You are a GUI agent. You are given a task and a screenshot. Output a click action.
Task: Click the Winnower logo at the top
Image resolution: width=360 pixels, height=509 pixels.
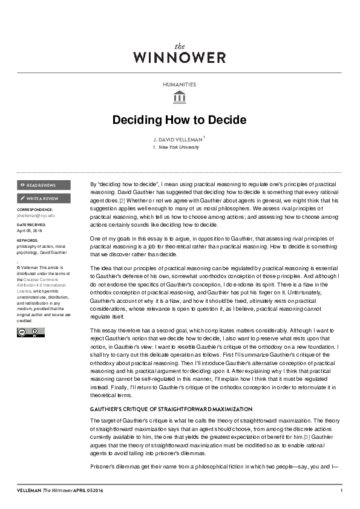coord(180,54)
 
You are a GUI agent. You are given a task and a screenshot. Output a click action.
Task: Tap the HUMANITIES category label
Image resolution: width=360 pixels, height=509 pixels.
coord(180,85)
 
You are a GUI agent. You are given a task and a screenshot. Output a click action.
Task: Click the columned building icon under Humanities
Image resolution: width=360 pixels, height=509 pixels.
coord(180,97)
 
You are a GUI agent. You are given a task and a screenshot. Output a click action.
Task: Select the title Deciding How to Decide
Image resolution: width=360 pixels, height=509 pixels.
coord(180,119)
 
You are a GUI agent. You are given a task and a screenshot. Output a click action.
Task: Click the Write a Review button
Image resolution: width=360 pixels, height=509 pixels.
coord(44,198)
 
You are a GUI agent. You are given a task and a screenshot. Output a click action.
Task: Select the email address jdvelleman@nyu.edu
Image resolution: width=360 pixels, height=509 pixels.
coord(36,215)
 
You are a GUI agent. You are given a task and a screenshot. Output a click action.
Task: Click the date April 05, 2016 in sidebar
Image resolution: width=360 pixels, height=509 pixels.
coord(30,230)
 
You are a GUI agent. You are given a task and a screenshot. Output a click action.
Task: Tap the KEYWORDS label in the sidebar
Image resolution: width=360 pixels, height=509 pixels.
coord(28,240)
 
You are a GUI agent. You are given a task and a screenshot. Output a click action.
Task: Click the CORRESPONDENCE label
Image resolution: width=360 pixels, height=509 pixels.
coord(35,209)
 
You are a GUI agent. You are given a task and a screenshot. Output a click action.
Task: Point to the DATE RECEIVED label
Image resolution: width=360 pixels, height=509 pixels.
coord(31,225)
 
